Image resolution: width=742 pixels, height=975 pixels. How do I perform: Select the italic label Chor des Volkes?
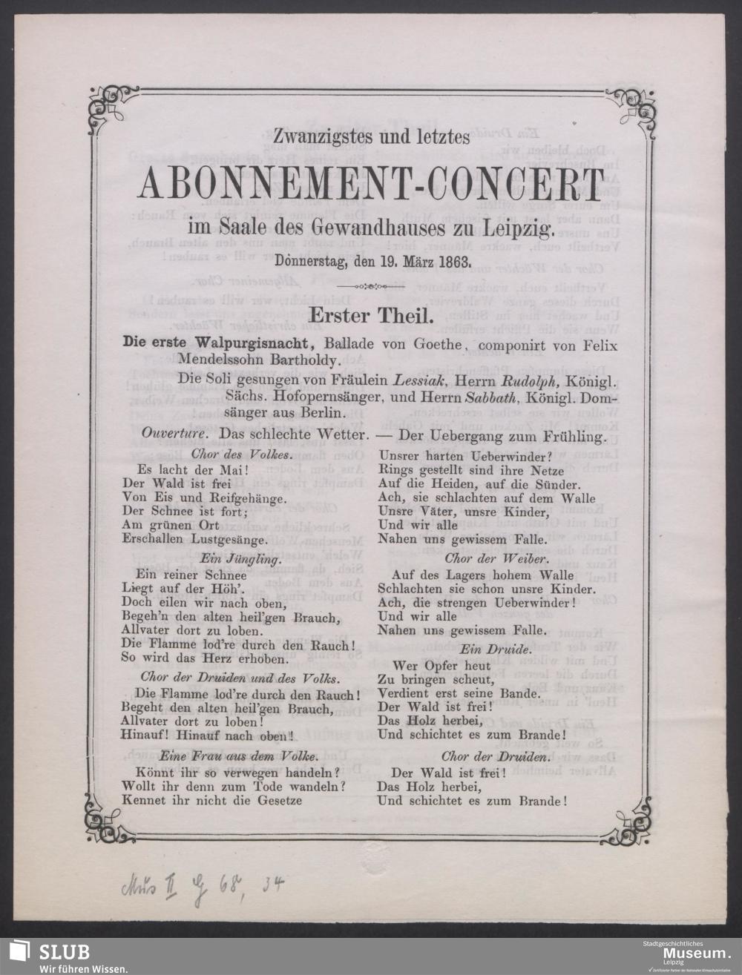(x=232, y=453)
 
